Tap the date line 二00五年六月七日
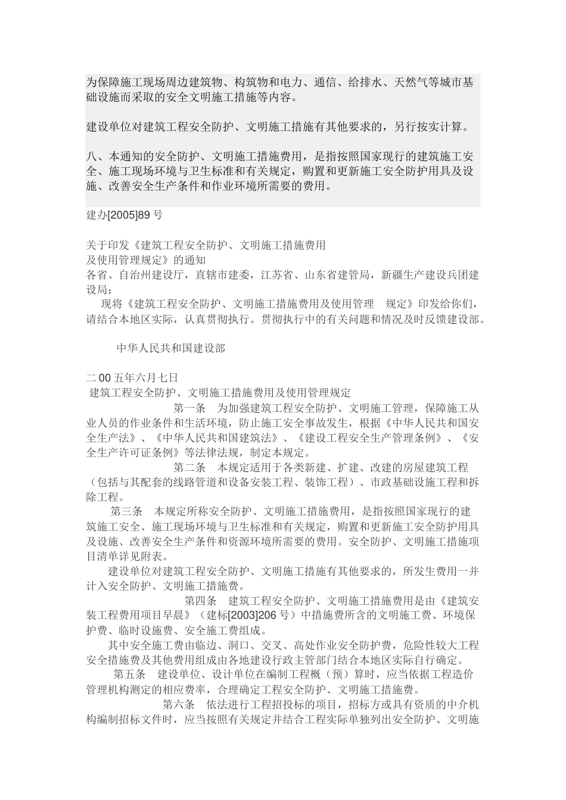[132, 377]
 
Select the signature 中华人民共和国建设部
[170, 348]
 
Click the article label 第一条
[189, 408]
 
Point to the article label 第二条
[189, 467]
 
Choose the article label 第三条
[126, 511]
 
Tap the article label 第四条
[201, 601]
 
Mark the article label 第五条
[129, 675]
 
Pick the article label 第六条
[179, 705]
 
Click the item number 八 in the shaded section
[91, 157]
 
